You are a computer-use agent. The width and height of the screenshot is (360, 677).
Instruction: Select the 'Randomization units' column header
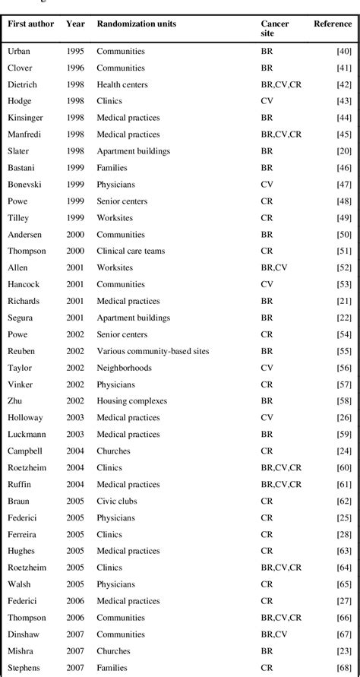point(137,24)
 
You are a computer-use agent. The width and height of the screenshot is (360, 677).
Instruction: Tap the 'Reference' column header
point(333,24)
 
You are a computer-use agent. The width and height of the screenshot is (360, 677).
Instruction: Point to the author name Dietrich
point(23,84)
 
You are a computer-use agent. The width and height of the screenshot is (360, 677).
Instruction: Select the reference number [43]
point(343,101)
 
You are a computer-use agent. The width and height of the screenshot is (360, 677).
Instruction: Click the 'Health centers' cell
point(122,84)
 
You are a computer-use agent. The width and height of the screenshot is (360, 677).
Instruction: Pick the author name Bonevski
point(24,185)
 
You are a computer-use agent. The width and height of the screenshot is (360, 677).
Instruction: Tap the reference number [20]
point(343,151)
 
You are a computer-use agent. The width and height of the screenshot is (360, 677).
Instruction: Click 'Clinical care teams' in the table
point(131,252)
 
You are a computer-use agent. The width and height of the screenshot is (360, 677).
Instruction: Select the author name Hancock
point(24,285)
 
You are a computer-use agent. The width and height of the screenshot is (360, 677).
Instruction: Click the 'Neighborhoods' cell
point(124,368)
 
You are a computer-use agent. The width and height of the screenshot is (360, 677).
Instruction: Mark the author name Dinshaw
point(24,634)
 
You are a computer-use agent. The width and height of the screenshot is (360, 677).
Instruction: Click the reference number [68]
point(343,668)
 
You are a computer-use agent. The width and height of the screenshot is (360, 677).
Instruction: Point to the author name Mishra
point(21,651)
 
